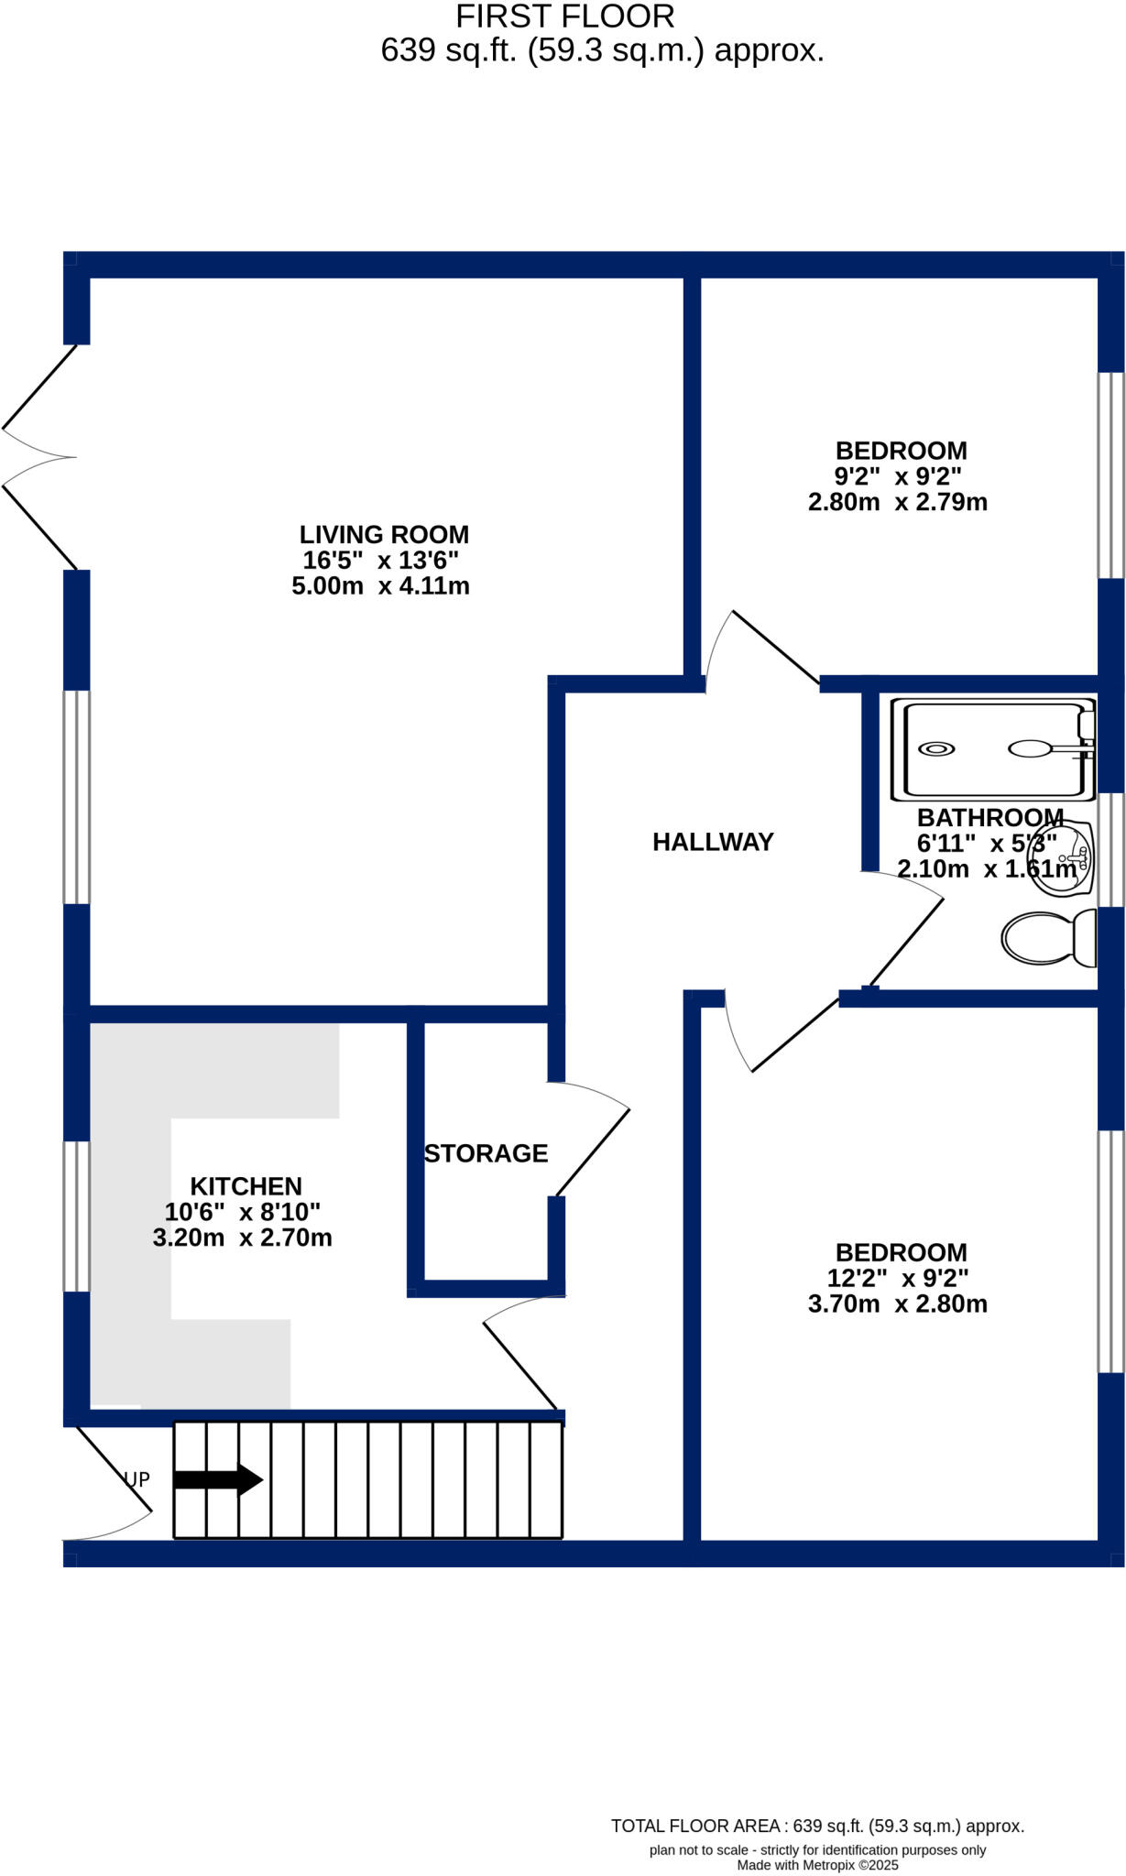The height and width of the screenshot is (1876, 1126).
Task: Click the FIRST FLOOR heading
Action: coord(565,16)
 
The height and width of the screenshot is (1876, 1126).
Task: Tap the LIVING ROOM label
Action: coord(384,534)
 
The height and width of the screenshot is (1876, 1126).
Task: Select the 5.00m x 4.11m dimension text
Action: coord(380,586)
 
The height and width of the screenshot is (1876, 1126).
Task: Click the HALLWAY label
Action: coord(713,842)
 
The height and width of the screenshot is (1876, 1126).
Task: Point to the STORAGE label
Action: coord(486,1153)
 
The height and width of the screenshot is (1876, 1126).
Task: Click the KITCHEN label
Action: coord(246,1186)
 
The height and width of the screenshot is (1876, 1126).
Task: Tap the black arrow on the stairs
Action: coord(218,1479)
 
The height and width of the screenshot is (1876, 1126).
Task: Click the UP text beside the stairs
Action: coord(137,1479)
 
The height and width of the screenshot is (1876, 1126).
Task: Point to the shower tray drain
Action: coord(935,748)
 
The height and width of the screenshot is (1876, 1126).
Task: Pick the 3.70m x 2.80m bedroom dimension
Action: coord(897,1304)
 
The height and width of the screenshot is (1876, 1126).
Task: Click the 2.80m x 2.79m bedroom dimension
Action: coord(897,502)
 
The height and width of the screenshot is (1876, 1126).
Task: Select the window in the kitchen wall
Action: coord(77,1216)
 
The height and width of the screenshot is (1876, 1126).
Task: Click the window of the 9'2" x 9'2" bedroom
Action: coord(1110,474)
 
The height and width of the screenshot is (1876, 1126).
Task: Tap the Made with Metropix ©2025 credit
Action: coord(817,1865)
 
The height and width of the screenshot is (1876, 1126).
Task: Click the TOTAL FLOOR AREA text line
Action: coord(817,1826)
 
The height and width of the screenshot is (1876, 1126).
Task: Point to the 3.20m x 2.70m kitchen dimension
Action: coord(242,1238)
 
